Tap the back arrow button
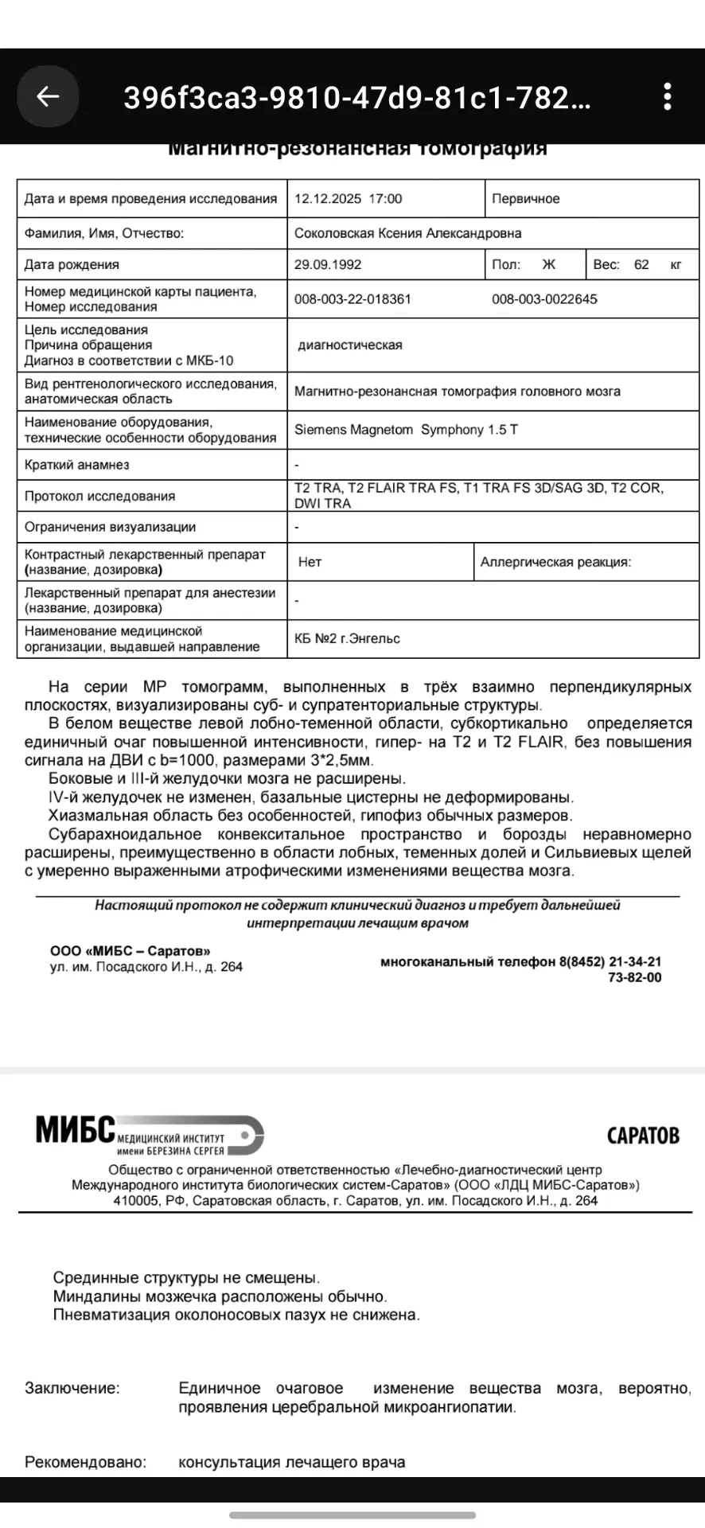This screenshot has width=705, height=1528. click(x=48, y=96)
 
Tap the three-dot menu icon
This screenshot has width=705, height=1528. click(x=668, y=96)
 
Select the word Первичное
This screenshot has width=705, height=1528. click(x=525, y=199)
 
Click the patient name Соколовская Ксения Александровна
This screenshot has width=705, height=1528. click(x=407, y=233)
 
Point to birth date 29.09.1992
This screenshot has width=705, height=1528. click(x=328, y=265)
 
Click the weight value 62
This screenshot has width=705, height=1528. click(x=641, y=265)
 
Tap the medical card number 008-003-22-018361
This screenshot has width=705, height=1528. click(x=352, y=299)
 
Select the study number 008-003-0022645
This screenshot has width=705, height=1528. click(x=544, y=299)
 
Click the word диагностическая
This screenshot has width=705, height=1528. click(x=350, y=345)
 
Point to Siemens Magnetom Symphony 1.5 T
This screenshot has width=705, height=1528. click(x=406, y=430)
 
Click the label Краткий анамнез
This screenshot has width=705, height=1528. click(x=76, y=465)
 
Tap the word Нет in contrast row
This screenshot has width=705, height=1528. click(x=310, y=562)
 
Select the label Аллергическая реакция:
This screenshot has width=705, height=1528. click(x=555, y=562)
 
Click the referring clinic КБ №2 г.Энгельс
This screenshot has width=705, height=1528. click(x=347, y=638)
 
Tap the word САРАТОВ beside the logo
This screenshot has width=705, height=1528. click(x=643, y=1135)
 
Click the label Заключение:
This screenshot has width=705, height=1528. click(x=72, y=1388)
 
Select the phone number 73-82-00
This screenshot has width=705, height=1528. click(x=634, y=977)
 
